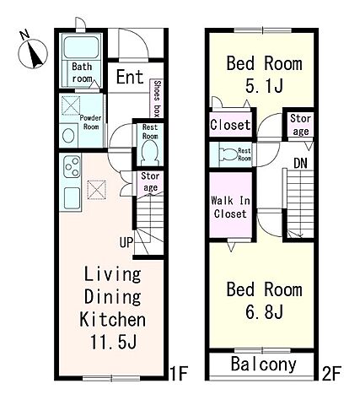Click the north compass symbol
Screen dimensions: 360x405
(x=32, y=52)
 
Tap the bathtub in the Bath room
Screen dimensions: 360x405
(x=82, y=47)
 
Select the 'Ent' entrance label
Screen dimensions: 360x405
(x=130, y=77)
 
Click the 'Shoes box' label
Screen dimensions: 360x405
(x=157, y=99)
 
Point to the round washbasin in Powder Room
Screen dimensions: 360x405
(x=68, y=136)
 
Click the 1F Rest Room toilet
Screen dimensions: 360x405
(x=150, y=153)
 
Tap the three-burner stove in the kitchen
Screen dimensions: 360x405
(x=72, y=167)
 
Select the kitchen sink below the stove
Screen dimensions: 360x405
(x=72, y=198)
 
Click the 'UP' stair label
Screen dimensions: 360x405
(x=126, y=242)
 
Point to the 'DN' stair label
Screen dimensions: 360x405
(x=300, y=163)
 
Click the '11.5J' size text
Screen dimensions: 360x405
(x=113, y=342)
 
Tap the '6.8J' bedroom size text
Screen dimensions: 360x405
(x=264, y=311)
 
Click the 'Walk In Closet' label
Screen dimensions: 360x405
(x=230, y=208)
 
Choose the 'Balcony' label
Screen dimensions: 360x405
(x=263, y=364)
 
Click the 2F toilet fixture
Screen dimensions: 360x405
(x=228, y=154)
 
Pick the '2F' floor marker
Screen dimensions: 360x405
(x=331, y=373)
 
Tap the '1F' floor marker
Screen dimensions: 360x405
(x=179, y=373)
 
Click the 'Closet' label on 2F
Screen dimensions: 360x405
(x=230, y=125)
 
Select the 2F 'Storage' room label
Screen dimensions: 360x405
(x=300, y=125)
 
